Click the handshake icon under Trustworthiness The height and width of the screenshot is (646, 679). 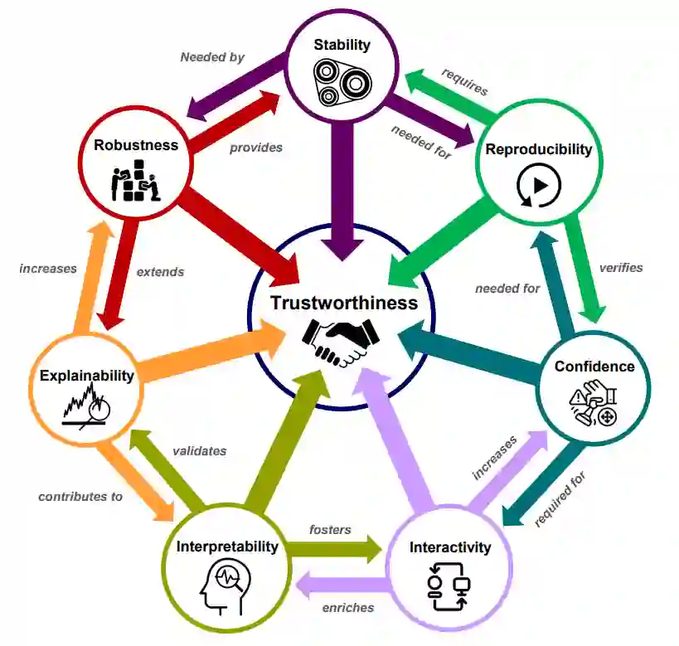339,342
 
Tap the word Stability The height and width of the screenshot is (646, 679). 342,44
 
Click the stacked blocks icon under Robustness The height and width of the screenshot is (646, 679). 135,182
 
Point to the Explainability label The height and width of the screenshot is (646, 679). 86,376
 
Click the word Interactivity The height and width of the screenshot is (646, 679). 450,546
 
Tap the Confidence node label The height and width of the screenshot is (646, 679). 594,367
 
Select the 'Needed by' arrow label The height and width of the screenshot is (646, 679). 211,57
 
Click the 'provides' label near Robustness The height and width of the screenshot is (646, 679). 256,148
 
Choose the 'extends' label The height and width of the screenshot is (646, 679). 160,271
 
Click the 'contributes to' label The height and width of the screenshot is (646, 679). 80,497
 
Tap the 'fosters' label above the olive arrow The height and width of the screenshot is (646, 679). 330,529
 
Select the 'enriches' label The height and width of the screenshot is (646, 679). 347,608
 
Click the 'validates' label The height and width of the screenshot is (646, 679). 199,451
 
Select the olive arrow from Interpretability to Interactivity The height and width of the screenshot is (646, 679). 336,548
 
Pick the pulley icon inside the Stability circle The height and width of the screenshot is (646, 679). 341,83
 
